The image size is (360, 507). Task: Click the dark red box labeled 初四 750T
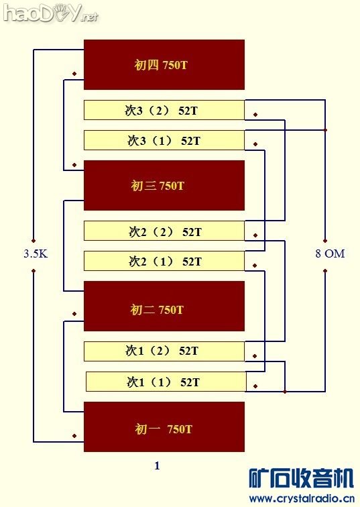(164, 65)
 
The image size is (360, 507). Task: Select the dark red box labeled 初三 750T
(164, 185)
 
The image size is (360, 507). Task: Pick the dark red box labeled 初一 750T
(164, 427)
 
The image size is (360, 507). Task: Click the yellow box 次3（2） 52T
(164, 110)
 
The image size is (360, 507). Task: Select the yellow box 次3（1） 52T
(164, 140)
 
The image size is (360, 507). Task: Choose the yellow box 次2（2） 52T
(164, 231)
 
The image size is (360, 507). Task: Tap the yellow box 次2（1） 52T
(164, 261)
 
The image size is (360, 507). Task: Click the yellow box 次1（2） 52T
(164, 351)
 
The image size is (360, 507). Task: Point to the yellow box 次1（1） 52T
(165, 382)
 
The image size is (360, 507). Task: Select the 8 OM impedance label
(330, 253)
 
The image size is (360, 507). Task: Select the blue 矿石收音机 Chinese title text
(301, 478)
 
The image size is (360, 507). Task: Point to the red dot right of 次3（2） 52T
(255, 113)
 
